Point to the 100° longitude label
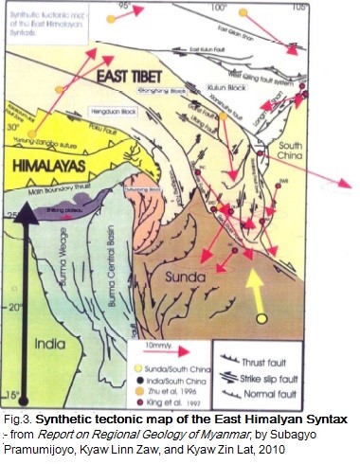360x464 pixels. click(220, 8)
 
